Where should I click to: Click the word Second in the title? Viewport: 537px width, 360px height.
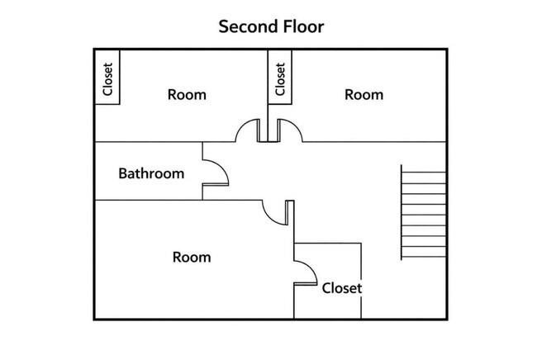pos(249,26)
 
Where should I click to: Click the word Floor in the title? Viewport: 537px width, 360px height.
pos(303,26)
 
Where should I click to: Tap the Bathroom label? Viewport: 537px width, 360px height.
pos(151,173)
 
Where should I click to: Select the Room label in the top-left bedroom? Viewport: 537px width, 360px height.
pos(187,95)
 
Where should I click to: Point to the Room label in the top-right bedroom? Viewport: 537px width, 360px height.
pos(364,95)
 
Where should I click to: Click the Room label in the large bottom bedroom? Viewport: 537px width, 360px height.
pos(192,257)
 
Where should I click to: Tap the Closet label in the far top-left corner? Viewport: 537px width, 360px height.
pos(107,79)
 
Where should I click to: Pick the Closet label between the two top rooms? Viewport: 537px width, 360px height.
pos(280,79)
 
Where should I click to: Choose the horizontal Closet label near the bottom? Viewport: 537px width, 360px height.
pos(342,288)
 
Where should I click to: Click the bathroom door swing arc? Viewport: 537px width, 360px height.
pos(221,166)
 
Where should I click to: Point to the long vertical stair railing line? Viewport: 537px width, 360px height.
pos(402,212)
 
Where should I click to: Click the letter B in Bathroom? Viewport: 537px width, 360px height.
pos(122,173)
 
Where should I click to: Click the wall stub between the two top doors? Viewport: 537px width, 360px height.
pos(268,130)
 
